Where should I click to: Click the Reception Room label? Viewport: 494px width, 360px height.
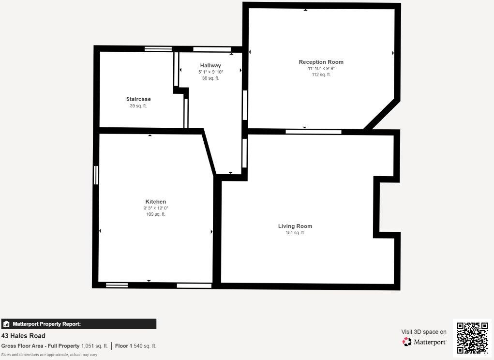(321, 62)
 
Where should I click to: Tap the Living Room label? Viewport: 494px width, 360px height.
(295, 226)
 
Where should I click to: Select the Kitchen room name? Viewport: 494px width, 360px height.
(155, 202)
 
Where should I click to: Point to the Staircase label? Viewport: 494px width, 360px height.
(138, 99)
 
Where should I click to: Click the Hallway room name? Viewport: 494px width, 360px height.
(210, 65)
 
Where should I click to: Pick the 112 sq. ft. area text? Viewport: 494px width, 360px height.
(321, 75)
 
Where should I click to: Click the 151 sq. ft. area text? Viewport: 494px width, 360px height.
(295, 233)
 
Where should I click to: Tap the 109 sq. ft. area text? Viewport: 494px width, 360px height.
(155, 214)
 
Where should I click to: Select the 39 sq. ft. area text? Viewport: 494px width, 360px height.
(138, 106)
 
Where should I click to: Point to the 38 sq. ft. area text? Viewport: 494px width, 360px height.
(210, 78)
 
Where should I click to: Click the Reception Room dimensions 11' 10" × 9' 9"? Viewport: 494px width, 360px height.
(321, 69)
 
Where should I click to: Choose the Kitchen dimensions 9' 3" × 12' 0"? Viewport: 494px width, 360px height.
(155, 208)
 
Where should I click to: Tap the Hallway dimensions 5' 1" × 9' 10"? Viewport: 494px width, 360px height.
(210, 72)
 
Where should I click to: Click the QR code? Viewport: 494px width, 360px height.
(472, 338)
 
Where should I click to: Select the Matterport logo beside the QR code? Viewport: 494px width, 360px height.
(424, 342)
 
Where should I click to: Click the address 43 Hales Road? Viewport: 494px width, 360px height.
(23, 336)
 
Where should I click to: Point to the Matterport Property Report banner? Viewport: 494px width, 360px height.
(78, 324)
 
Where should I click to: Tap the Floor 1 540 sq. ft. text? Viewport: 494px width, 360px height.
(135, 346)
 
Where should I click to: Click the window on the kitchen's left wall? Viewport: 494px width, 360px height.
(96, 175)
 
